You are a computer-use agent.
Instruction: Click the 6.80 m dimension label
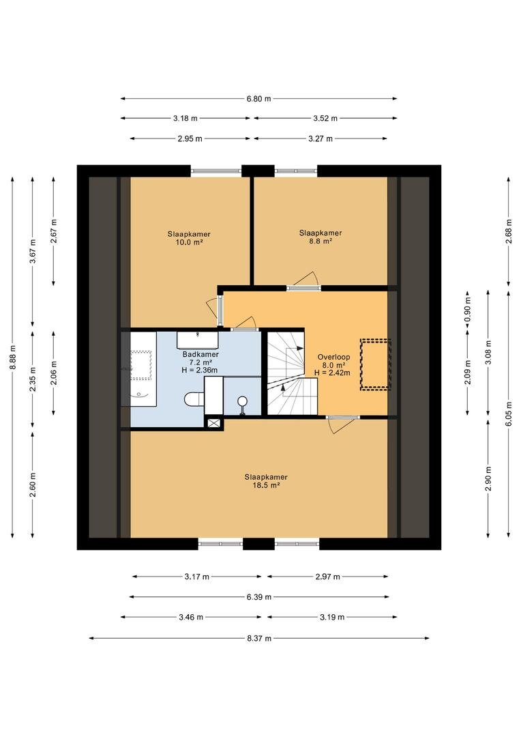tap(259, 99)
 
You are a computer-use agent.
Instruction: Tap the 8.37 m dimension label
tap(259, 638)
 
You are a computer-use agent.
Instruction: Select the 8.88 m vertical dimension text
tap(13, 358)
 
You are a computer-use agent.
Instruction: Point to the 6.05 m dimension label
tap(509, 413)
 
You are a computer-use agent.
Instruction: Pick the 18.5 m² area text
tap(267, 486)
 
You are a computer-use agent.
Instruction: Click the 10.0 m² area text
tap(189, 242)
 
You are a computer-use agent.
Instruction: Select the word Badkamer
tap(200, 354)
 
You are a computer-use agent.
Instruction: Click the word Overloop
tap(333, 357)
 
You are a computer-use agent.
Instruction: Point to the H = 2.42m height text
tap(333, 373)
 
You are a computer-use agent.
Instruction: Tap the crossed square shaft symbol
tap(213, 422)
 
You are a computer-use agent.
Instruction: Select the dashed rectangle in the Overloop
tap(375, 364)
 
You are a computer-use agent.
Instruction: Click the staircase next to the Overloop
tap(293, 373)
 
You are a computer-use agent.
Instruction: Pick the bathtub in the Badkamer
tap(140, 369)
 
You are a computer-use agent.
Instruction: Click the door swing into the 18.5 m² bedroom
tap(342, 424)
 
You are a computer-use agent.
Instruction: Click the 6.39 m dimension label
tap(259, 597)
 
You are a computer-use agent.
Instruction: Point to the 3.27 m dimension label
tap(321, 139)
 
